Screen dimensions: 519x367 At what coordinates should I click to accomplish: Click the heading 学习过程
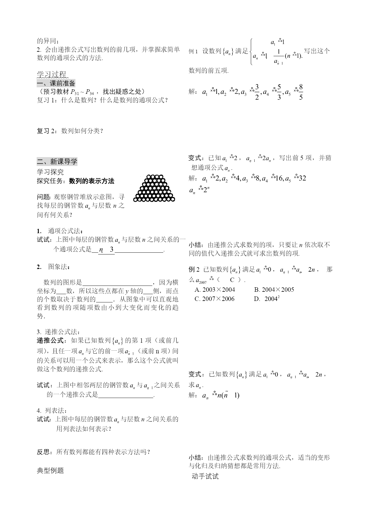[x=52, y=74]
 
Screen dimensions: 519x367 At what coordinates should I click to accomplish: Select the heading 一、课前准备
[x=56, y=83]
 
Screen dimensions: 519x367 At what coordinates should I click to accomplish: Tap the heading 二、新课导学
[x=57, y=162]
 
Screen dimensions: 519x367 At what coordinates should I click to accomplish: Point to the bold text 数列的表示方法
[x=92, y=181]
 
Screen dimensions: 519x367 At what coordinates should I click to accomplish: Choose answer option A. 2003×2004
[x=215, y=289]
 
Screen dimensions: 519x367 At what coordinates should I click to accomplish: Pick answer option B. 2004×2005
[x=274, y=289]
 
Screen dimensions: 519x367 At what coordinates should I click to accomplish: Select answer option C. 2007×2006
[x=214, y=299]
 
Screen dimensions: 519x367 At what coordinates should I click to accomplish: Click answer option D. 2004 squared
[x=267, y=299]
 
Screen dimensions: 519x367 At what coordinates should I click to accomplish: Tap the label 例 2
[x=194, y=269]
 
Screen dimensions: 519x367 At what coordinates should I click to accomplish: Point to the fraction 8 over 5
[x=301, y=92]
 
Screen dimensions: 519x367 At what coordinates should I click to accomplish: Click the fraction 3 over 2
[x=257, y=92]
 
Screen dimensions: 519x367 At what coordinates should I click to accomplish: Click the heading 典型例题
[x=50, y=470]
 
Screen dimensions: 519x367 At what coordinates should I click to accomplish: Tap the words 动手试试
[x=205, y=476]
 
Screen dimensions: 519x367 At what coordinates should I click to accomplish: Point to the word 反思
[x=43, y=452]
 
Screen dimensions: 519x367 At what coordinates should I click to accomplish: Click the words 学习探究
[x=50, y=172]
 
